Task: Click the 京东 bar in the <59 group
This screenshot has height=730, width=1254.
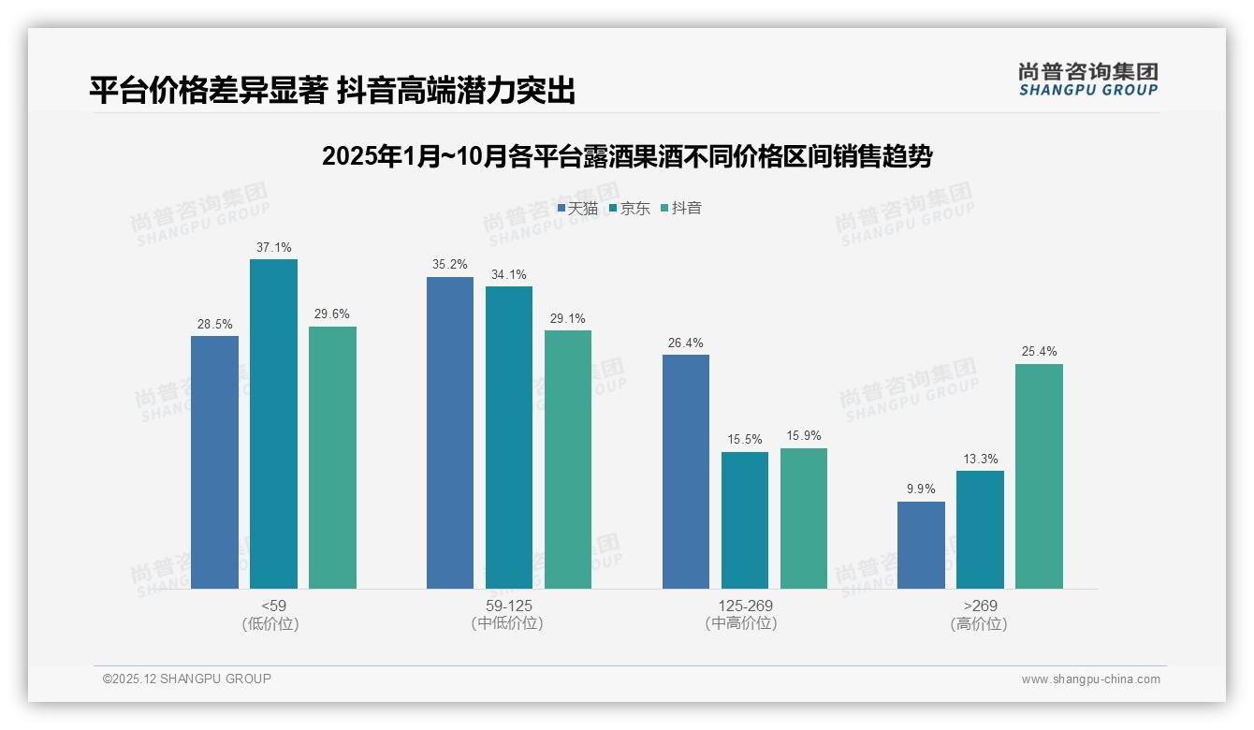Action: (x=273, y=424)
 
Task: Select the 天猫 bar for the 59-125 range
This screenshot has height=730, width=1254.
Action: (x=450, y=432)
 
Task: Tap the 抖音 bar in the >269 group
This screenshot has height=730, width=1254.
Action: (x=1039, y=476)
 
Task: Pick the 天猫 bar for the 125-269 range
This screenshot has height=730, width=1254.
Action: (x=686, y=472)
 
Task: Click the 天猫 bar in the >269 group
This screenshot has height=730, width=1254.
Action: (x=921, y=545)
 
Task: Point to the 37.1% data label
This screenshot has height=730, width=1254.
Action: (x=273, y=247)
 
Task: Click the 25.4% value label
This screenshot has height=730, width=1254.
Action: (x=1039, y=352)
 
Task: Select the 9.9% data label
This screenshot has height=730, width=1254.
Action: (x=921, y=489)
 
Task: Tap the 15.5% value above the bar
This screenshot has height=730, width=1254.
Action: (x=745, y=439)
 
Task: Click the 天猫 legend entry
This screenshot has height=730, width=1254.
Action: (x=577, y=208)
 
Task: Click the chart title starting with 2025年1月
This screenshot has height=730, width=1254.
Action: (x=626, y=156)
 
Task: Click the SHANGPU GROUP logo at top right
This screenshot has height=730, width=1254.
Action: (x=1087, y=80)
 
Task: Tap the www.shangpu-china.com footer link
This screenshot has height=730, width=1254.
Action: (x=1090, y=679)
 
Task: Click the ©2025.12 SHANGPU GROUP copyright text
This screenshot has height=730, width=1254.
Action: (x=187, y=679)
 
